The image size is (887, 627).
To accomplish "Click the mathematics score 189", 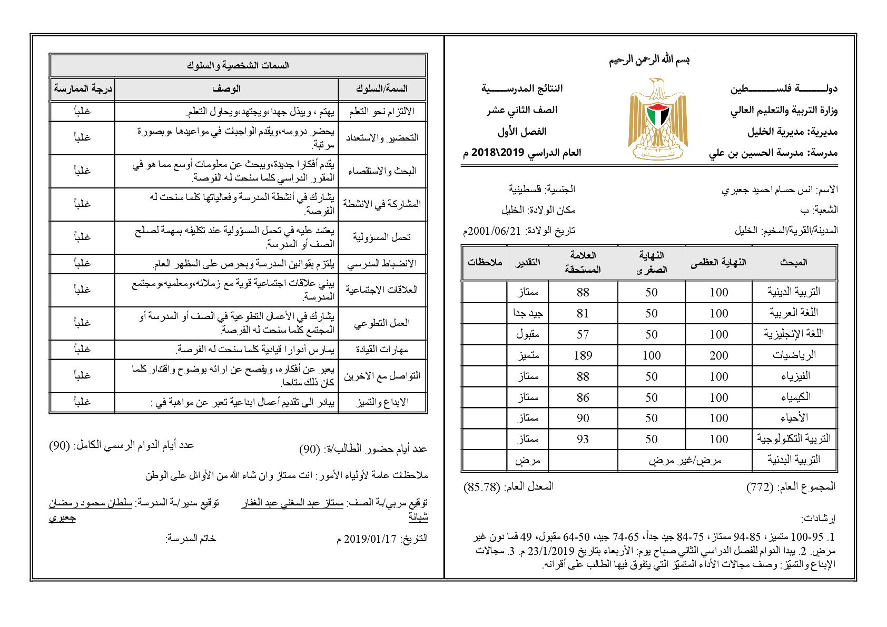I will click(583, 355).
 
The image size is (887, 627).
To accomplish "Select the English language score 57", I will click(583, 334).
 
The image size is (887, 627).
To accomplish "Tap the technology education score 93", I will click(583, 439).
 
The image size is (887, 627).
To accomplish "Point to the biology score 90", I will click(583, 418).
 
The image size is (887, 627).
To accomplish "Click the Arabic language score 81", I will click(583, 313).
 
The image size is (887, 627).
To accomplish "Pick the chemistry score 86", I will click(583, 397).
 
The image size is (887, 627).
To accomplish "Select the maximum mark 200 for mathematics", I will click(718, 355).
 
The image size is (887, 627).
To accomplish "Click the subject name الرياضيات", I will click(794, 355).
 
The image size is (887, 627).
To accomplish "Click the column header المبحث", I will click(794, 262).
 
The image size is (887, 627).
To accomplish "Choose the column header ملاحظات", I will click(485, 262).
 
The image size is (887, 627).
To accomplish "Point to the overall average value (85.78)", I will click(481, 487).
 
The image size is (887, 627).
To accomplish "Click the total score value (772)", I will click(760, 487).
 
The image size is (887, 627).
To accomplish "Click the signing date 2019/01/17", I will click(369, 539).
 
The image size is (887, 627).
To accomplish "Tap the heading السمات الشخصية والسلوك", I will click(238, 66).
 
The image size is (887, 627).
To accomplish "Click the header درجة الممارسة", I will click(83, 89).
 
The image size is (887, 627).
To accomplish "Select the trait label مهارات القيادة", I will click(382, 350).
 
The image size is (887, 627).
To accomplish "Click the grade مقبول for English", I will click(528, 334).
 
